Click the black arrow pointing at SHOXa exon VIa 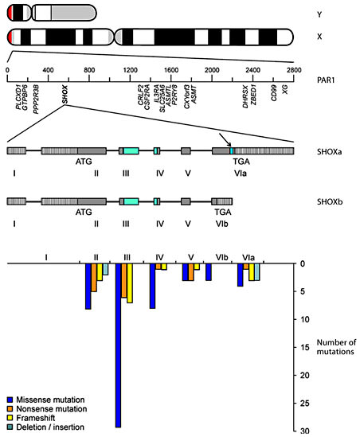pos(223,142)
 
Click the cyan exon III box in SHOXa pos(130,150)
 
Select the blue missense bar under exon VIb pos(209,271)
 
